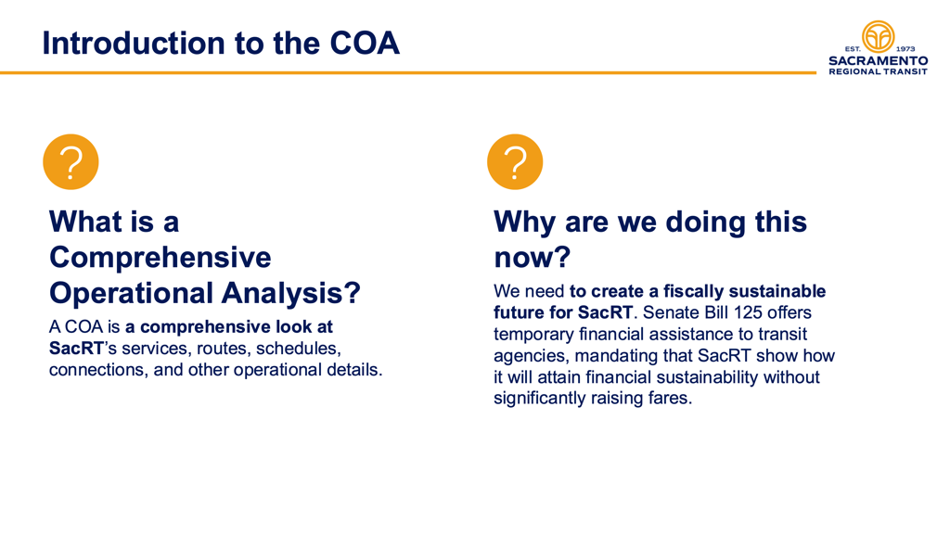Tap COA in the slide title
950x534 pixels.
click(x=365, y=43)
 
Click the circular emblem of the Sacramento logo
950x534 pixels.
click(x=878, y=37)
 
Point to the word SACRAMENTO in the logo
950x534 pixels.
click(x=878, y=60)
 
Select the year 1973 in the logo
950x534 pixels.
click(x=905, y=49)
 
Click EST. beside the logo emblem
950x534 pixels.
click(x=853, y=49)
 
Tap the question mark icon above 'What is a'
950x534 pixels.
click(x=71, y=161)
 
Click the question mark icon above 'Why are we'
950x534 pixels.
click(x=515, y=161)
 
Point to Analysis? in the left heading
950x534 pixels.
click(x=290, y=293)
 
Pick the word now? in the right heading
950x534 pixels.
click(x=532, y=258)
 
